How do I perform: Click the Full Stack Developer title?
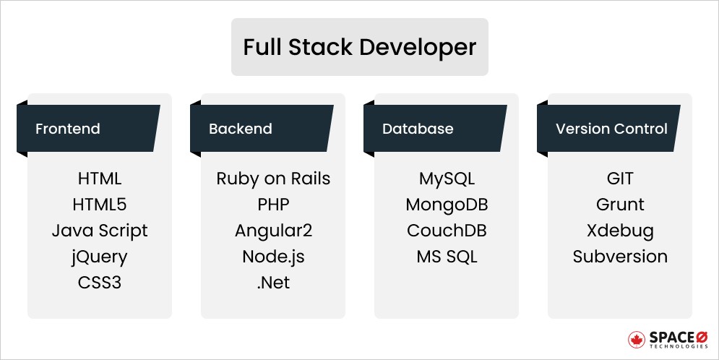point(359,47)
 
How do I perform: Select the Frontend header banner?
point(88,129)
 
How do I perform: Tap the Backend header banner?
point(262,129)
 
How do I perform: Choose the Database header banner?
point(435,129)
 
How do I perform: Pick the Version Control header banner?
point(608,129)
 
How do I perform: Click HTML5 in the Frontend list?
point(100,205)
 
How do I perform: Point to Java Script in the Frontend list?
point(100,231)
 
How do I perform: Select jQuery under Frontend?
point(100,257)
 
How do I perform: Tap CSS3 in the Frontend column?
point(100,282)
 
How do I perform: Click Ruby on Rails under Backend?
point(273,179)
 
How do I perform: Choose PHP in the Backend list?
point(273,205)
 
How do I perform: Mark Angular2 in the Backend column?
point(273,231)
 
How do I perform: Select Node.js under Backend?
point(273,257)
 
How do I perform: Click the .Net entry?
point(273,282)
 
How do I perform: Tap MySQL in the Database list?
point(447,179)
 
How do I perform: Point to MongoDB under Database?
point(447,205)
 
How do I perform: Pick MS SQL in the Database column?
point(447,257)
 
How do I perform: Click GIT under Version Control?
point(620,179)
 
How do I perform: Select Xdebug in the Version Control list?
point(620,231)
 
